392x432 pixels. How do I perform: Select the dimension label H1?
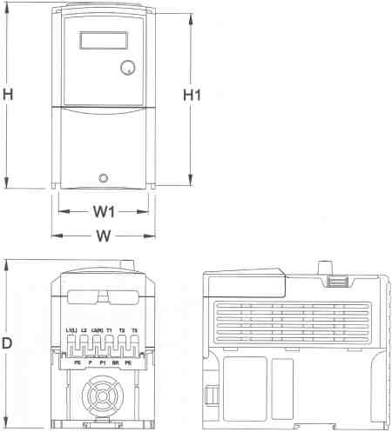coord(193,95)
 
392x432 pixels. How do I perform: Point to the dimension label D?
coord(8,343)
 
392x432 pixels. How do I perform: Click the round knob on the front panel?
coord(129,68)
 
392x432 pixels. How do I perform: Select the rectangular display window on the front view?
coord(100,42)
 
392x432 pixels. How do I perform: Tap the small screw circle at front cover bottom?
coord(105,177)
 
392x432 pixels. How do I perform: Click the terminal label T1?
coord(109,330)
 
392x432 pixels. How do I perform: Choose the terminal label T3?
coord(134,330)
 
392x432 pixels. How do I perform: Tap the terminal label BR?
coord(116,360)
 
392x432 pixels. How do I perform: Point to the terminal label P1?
coord(103,360)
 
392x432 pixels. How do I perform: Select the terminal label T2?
coord(122,330)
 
